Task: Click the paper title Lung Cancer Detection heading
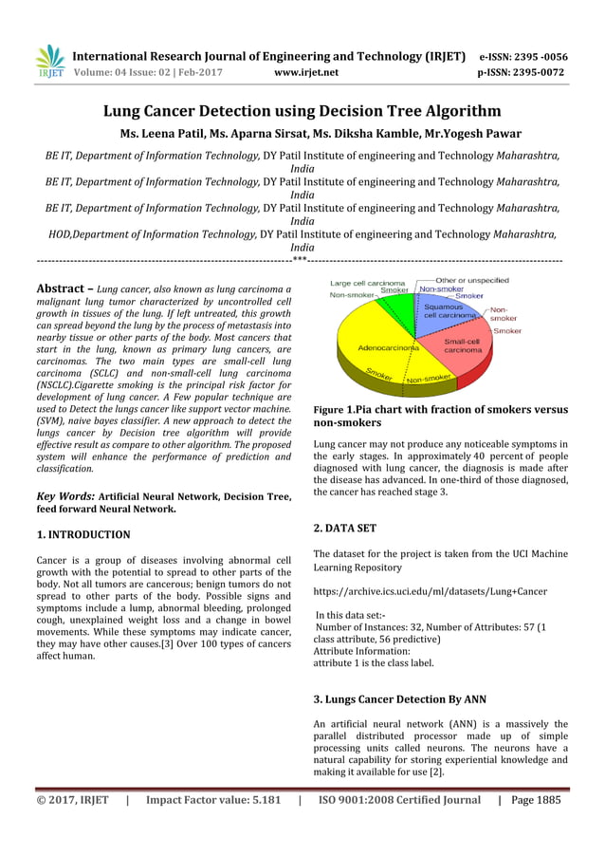click(302, 111)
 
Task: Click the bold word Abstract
click(64, 288)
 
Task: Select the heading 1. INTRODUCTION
click(82, 534)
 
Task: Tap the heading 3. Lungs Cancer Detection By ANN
click(399, 699)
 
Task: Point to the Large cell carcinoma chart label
click(367, 283)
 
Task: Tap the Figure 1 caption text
click(440, 416)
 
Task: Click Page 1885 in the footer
click(536, 800)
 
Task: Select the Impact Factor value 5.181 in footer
click(213, 800)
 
